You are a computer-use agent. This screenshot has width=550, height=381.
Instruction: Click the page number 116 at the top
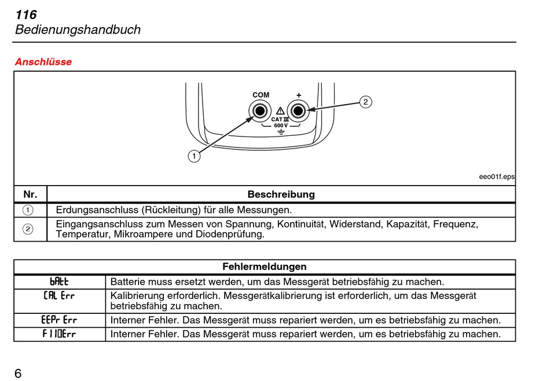26,15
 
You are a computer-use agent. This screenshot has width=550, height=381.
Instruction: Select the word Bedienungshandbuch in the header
78,30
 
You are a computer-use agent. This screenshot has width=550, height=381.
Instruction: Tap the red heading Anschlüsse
43,62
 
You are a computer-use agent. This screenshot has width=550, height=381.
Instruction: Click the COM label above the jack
261,95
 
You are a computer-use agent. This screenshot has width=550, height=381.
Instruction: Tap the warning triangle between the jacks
280,110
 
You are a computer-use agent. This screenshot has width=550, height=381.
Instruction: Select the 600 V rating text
280,125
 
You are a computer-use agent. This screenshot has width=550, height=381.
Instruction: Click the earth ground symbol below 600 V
280,133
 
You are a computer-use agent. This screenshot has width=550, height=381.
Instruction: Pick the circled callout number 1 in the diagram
194,156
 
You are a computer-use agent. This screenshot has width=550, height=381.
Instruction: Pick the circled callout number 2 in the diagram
365,102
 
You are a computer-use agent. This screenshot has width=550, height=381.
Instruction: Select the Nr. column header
30,194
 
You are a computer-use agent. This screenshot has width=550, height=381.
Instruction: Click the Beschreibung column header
281,194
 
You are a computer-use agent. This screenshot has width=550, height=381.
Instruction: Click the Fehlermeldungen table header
265,267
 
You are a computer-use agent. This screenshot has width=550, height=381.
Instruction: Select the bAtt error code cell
59,282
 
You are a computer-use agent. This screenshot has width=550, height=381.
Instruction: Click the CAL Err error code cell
59,296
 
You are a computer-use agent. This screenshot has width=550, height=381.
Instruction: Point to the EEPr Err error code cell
59,320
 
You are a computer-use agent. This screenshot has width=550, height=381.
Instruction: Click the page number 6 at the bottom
18,373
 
